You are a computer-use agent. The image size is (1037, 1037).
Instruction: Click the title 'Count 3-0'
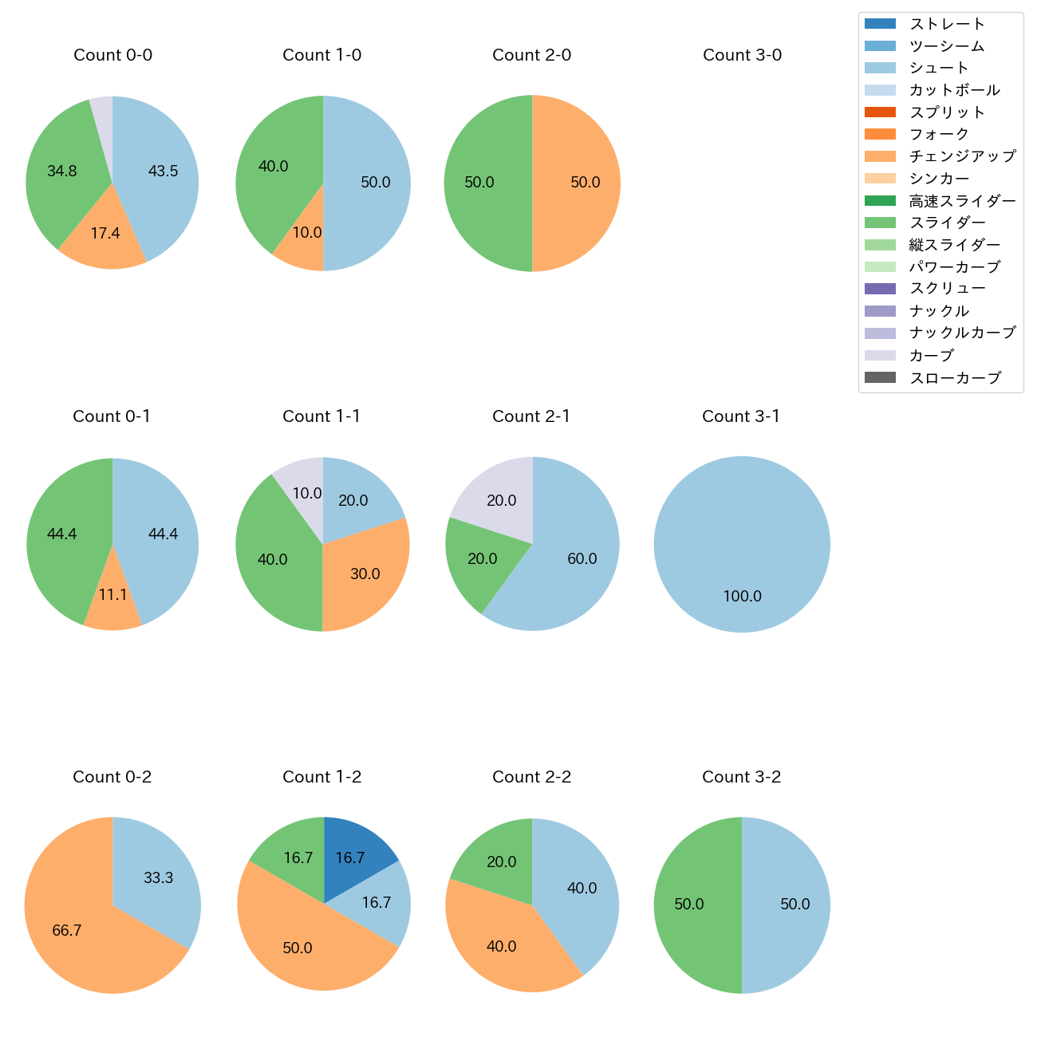point(742,55)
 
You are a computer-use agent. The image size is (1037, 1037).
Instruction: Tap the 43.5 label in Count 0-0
point(163,171)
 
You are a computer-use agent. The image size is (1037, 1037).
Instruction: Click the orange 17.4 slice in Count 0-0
point(104,234)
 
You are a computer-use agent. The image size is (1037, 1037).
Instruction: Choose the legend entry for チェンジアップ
point(962,156)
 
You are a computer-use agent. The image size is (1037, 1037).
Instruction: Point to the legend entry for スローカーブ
point(955,378)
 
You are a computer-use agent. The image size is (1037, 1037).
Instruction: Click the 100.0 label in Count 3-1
point(742,596)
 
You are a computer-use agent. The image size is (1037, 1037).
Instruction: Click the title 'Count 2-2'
point(532,777)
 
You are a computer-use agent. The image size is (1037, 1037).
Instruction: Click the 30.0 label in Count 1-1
point(365,574)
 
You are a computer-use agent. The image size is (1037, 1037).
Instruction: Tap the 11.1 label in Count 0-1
point(112,595)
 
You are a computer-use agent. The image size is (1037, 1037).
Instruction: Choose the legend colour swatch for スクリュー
point(880,289)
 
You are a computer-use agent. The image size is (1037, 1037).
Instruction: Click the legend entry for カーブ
point(932,356)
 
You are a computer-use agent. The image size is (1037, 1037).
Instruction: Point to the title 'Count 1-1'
point(321,416)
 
